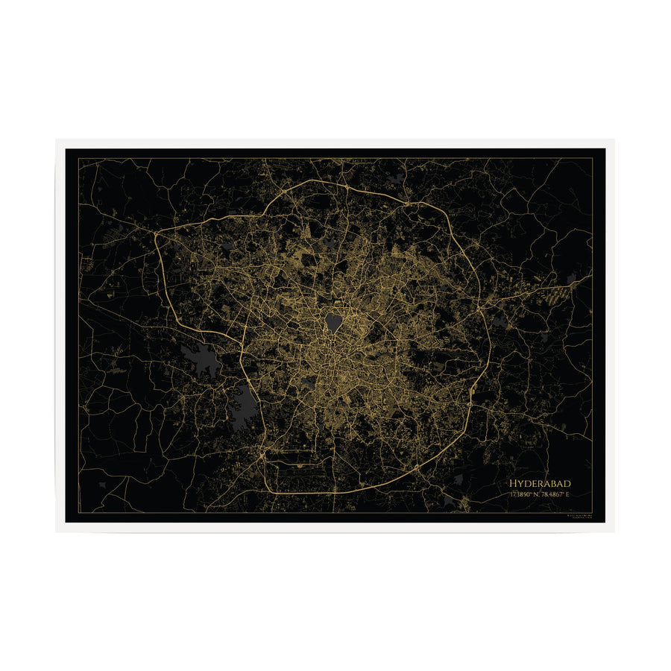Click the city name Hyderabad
pos(539,484)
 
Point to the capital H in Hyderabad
pos(513,484)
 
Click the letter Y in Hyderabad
pos(520,484)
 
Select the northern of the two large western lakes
pos(203,361)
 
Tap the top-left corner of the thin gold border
pos(78,158)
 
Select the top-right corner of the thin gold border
pos(592,158)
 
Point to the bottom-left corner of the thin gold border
pos(78,513)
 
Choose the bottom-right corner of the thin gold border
pos(592,513)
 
